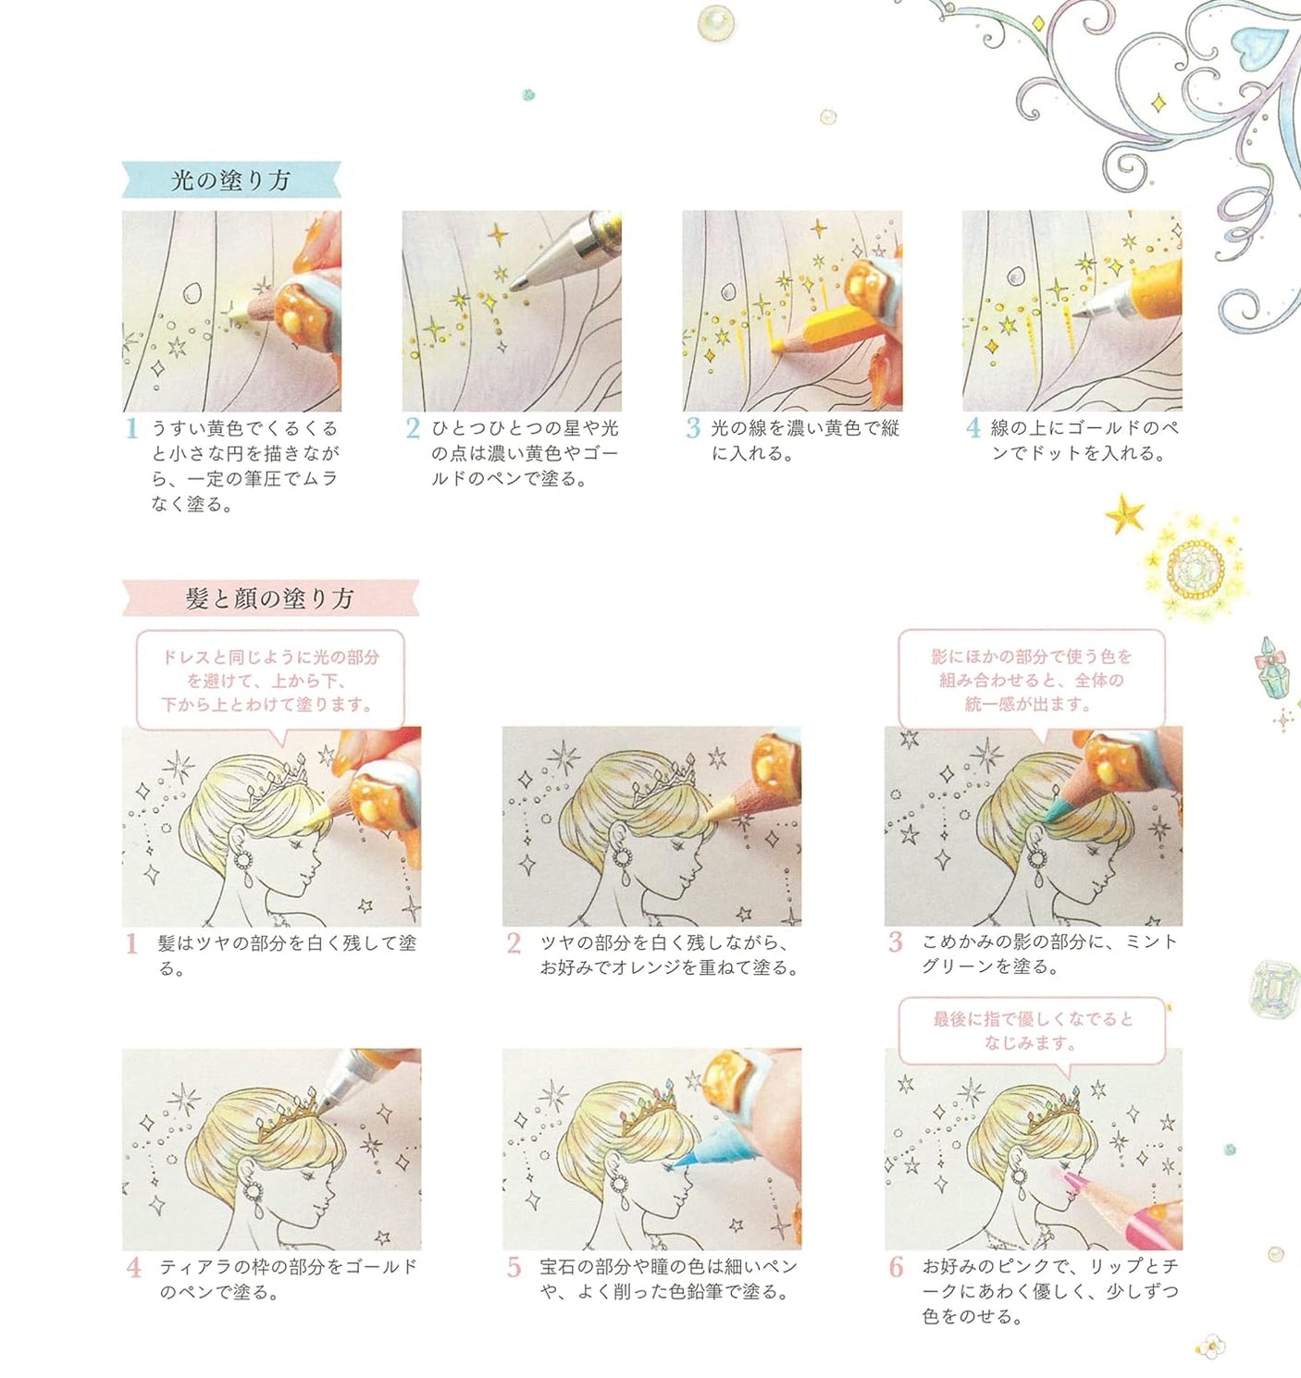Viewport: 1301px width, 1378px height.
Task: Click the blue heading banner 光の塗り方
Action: coord(231,180)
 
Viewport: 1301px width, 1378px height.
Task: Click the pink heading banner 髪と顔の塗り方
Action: coord(269,598)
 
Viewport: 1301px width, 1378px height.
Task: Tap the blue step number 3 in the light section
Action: coord(693,428)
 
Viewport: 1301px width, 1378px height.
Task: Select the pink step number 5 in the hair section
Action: coord(514,1267)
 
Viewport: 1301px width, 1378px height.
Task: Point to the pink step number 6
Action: coord(896,1267)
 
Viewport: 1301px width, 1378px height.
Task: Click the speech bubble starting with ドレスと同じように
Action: coord(270,681)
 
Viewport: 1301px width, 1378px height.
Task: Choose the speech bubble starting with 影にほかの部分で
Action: coord(1031,680)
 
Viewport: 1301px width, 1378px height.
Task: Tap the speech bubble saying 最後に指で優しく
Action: coord(1031,1030)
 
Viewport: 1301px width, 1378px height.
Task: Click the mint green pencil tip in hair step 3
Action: coord(1054,813)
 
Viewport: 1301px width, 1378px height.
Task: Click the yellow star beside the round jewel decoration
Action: coord(1125,513)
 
